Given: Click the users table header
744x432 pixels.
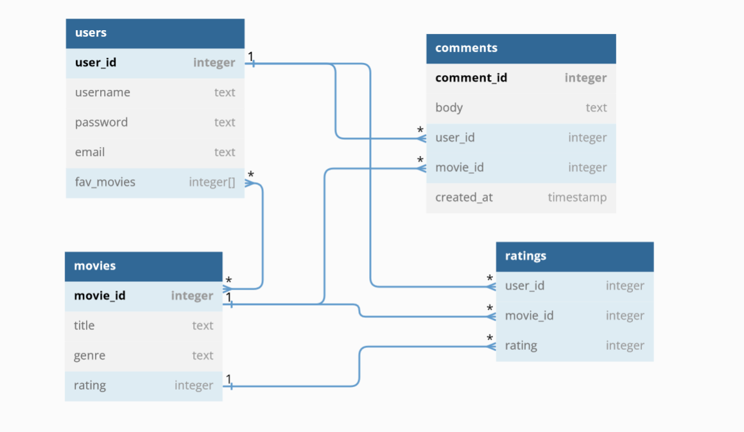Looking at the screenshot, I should coord(91,33).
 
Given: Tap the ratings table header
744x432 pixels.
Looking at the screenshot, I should coord(526,256).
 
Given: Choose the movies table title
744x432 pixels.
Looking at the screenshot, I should coord(95,266).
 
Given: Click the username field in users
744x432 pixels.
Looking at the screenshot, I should coord(103,92).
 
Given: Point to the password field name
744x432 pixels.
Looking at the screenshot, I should coord(101,123).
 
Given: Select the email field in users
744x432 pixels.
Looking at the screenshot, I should coord(90,152).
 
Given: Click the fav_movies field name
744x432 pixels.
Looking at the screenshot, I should coord(105,182).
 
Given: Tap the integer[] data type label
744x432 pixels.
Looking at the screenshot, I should coord(212,182).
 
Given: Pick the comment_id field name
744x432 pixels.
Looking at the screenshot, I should coord(471,78).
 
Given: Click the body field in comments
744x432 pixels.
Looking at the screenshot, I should coord(449,108).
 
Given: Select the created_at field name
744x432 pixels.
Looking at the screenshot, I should coord(464,197).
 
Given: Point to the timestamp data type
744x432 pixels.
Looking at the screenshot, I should coord(576,197).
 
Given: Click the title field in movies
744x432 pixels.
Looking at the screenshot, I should coord(84,325).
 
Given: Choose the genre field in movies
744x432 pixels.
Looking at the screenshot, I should coord(89,356).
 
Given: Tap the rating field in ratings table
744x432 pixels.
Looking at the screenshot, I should coord(521,345).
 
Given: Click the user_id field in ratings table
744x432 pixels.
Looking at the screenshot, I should coord(524,286).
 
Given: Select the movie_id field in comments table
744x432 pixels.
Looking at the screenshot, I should coord(459,168).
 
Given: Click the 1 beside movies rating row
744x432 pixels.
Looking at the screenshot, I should coord(229,379).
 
